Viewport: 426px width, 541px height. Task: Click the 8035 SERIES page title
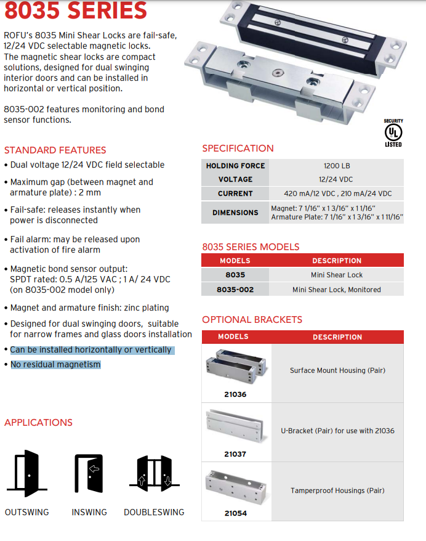(76, 10)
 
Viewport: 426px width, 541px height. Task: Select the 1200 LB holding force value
(337, 166)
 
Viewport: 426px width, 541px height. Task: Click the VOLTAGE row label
(235, 179)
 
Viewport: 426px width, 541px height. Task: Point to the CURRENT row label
(235, 193)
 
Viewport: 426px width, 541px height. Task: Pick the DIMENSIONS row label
(235, 213)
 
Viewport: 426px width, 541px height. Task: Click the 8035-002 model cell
(235, 290)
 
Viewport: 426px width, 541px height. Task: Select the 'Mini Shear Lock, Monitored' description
(337, 290)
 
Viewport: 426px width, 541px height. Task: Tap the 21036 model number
(235, 394)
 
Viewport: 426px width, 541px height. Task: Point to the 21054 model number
(235, 513)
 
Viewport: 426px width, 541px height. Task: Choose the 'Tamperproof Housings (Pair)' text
(337, 490)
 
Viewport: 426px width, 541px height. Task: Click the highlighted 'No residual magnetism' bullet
(55, 365)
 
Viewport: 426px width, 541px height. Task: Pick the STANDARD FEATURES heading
(55, 150)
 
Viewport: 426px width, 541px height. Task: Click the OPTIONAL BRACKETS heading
(252, 320)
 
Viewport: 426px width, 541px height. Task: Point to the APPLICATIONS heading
(38, 423)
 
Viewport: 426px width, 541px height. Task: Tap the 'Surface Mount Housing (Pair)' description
(337, 371)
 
